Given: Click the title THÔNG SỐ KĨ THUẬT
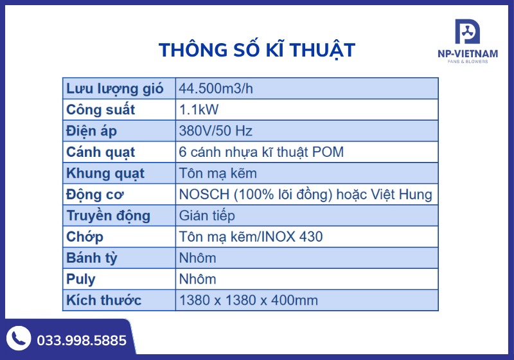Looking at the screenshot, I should pyautogui.click(x=256, y=50).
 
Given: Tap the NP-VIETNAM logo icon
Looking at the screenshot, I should pyautogui.click(x=467, y=33).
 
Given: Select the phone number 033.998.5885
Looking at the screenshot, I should pyautogui.click(x=82, y=340).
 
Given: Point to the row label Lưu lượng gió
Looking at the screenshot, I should pyautogui.click(x=115, y=89).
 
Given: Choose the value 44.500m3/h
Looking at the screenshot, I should pyautogui.click(x=217, y=89).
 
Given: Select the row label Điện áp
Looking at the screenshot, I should pyautogui.click(x=91, y=131).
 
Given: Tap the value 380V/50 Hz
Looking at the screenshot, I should pyautogui.click(x=216, y=131).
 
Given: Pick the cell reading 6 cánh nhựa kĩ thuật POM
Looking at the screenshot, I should pyautogui.click(x=261, y=152).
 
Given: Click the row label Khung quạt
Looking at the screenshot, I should pyautogui.click(x=105, y=174).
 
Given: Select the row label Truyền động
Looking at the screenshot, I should pyautogui.click(x=108, y=215).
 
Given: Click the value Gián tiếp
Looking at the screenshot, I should pyautogui.click(x=207, y=215).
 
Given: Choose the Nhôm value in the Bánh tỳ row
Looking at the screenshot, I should pyautogui.click(x=198, y=258).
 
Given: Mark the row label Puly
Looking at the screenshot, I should pyautogui.click(x=81, y=279).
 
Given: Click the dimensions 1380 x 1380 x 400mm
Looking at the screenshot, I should pyautogui.click(x=249, y=300).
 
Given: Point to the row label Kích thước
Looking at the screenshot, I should pyautogui.click(x=104, y=300).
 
